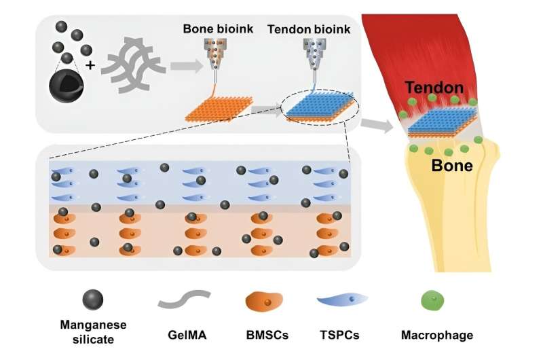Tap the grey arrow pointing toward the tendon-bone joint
pyautogui.click(x=376, y=124)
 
